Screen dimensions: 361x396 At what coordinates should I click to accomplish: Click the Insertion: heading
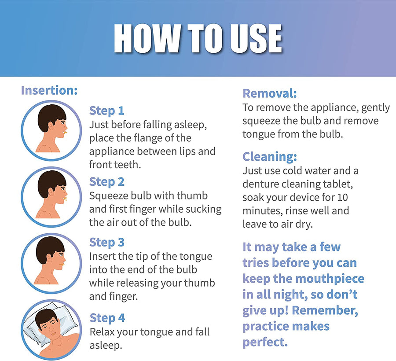[x=49, y=90]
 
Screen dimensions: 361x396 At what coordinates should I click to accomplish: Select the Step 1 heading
[x=107, y=111]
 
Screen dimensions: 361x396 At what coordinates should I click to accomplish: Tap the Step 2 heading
[x=107, y=181]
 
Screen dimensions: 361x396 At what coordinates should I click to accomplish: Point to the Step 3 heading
[x=107, y=242]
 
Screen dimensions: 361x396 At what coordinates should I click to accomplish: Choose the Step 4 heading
[x=107, y=317]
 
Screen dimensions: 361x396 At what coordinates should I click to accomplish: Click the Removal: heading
[x=270, y=93]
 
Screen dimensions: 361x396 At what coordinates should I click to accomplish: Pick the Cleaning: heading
[x=270, y=157]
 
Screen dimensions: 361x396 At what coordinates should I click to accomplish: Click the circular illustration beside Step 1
[x=51, y=131]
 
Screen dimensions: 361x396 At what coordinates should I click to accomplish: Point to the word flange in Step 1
[x=165, y=138]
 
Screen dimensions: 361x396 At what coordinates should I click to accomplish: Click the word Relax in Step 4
[x=102, y=332]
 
